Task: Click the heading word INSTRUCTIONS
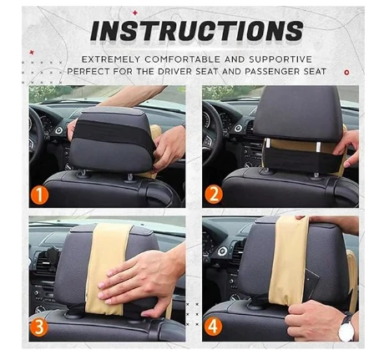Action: coord(197,31)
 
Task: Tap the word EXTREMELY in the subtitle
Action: coord(111,59)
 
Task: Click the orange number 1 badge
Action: coord(39,195)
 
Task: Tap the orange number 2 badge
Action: coord(214,195)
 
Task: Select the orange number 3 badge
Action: coord(39,327)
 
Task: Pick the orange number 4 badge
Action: coord(213,326)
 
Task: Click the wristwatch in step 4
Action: coord(346,327)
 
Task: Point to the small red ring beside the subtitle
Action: coord(346,73)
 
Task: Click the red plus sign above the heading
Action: coord(135,13)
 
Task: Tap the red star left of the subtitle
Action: coord(32,52)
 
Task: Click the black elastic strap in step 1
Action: coord(114,131)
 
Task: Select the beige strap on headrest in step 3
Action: coord(107,269)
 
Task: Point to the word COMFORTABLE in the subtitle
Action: coord(183,59)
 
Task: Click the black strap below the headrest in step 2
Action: coord(303,161)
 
